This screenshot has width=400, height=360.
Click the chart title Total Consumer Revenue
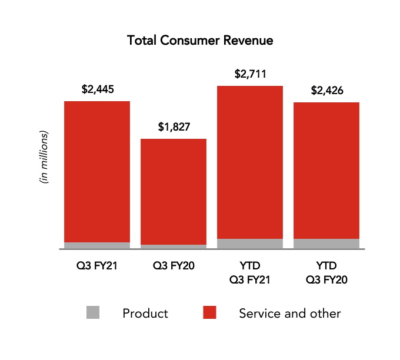[200, 41]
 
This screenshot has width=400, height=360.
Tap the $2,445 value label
[97, 90]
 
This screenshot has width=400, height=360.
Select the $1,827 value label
[174, 127]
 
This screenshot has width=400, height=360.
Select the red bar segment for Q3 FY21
[97, 171]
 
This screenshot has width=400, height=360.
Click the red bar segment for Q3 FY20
[174, 191]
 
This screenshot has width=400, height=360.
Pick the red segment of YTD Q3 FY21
[251, 162]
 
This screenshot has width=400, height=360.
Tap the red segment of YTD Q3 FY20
[326, 171]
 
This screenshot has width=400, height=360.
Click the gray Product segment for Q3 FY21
[97, 245]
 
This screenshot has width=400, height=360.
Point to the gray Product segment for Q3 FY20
[174, 246]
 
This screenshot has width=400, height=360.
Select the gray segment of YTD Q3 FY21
[251, 244]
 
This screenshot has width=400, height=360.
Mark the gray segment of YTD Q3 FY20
[326, 244]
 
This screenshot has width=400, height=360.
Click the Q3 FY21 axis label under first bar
[97, 265]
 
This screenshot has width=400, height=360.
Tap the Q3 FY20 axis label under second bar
[174, 265]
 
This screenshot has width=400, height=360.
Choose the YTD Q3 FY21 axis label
[251, 272]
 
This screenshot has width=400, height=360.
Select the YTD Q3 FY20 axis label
[326, 272]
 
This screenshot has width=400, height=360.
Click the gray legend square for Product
[92, 313]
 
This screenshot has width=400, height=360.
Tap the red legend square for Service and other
[209, 313]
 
